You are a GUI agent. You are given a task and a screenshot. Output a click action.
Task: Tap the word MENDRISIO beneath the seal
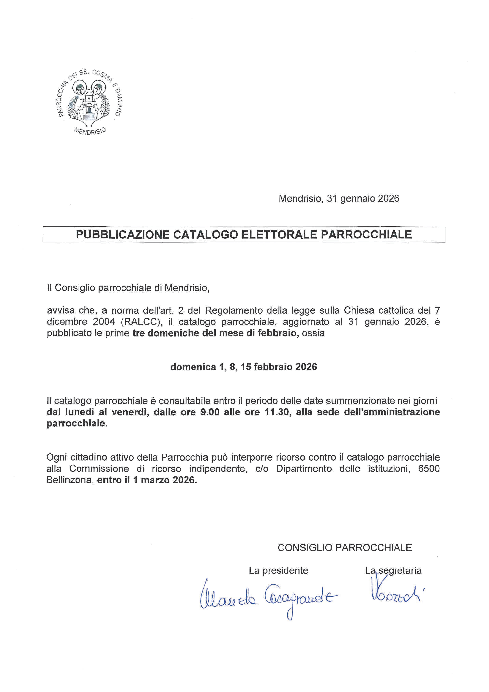coord(90,131)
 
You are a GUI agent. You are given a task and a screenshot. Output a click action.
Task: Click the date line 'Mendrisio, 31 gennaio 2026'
coord(339,199)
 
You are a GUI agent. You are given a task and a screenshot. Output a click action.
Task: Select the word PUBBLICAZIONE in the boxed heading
coord(123,235)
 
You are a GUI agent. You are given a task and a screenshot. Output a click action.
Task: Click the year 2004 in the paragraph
coord(104,322)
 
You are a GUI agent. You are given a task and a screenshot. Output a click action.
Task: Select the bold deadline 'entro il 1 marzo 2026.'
coord(147,480)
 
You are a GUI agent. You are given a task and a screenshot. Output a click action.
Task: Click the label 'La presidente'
coord(278,570)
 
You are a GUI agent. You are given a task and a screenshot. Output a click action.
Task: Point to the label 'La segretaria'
coord(393,570)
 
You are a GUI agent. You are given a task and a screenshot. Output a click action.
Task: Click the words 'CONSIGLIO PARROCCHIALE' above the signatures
coord(345,548)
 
